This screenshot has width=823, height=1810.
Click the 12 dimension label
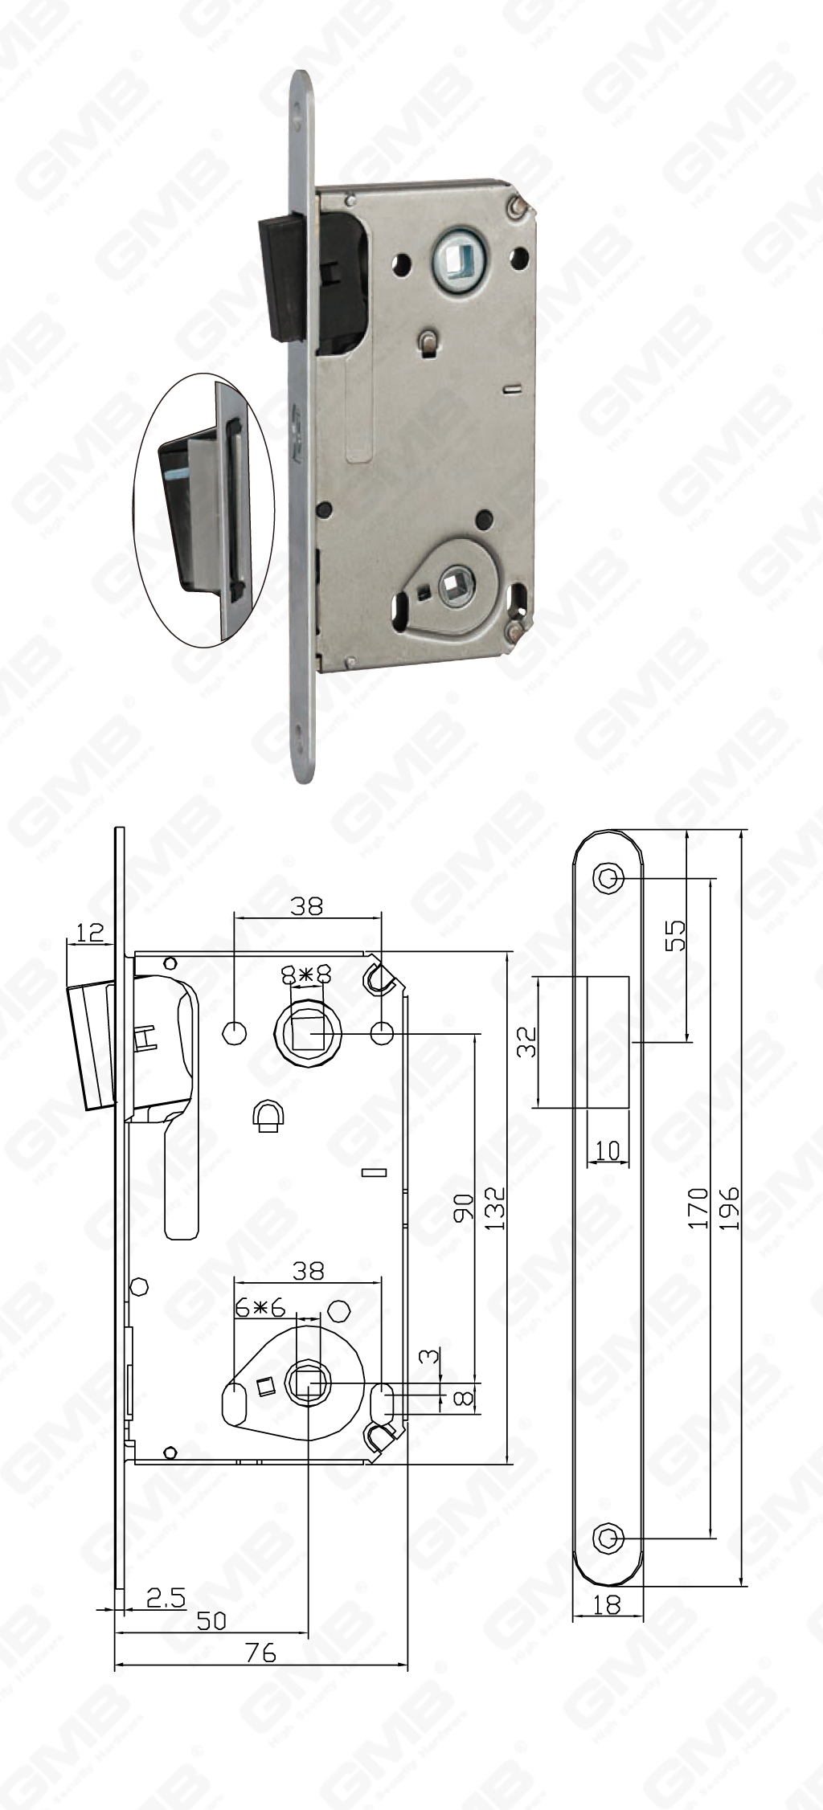[90, 932]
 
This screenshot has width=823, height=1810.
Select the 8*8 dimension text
[306, 974]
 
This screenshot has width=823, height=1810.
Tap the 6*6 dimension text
[261, 1308]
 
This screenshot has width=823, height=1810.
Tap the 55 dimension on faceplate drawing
[677, 934]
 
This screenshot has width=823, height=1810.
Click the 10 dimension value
[608, 1150]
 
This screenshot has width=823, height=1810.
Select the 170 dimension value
[699, 1207]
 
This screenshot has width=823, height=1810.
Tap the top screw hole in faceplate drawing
[608, 879]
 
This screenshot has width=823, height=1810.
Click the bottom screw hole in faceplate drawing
[608, 1538]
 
